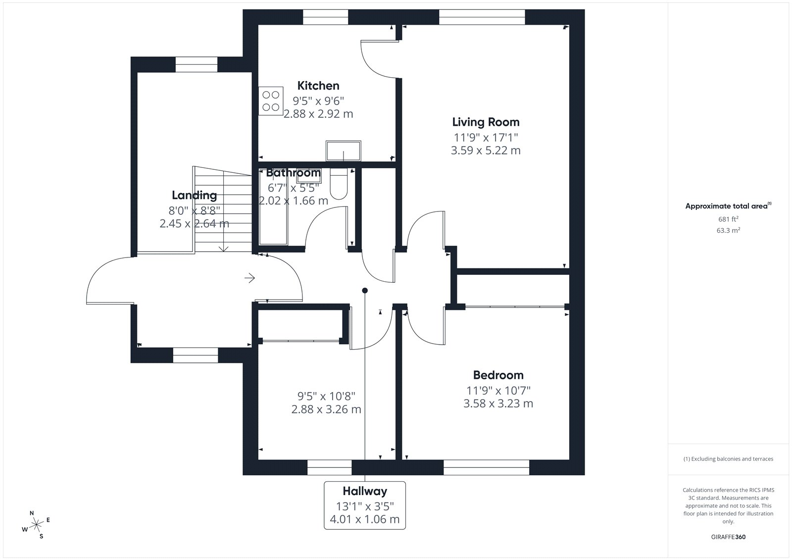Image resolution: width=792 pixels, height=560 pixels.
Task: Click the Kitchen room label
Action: (x=318, y=86)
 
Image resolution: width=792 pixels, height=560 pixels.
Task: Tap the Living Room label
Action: (x=486, y=122)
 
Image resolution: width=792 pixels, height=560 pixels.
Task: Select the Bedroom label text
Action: (x=498, y=375)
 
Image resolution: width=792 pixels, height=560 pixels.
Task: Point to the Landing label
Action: (x=194, y=195)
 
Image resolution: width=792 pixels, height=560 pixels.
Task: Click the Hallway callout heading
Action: (x=365, y=491)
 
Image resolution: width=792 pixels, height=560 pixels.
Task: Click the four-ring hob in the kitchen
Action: (x=271, y=101)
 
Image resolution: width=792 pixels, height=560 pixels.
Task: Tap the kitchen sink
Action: (x=344, y=151)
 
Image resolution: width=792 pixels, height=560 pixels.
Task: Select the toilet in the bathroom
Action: (x=339, y=184)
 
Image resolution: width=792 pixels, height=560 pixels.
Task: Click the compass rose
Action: (x=36, y=525)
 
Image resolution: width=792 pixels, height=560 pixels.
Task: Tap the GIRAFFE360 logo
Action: (x=728, y=537)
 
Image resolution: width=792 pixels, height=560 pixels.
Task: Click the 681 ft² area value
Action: (x=728, y=219)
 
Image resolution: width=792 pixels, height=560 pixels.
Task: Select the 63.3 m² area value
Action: (x=728, y=230)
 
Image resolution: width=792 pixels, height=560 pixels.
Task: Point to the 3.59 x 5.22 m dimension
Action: (x=486, y=151)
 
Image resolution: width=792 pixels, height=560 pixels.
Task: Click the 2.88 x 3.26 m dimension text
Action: (x=326, y=409)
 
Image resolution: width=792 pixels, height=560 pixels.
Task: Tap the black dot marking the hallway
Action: (x=365, y=291)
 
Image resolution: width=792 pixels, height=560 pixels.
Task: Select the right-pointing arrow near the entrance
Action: (x=249, y=278)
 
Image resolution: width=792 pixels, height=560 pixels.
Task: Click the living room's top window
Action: (x=482, y=17)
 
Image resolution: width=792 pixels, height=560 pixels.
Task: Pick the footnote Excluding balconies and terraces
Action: (x=728, y=459)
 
